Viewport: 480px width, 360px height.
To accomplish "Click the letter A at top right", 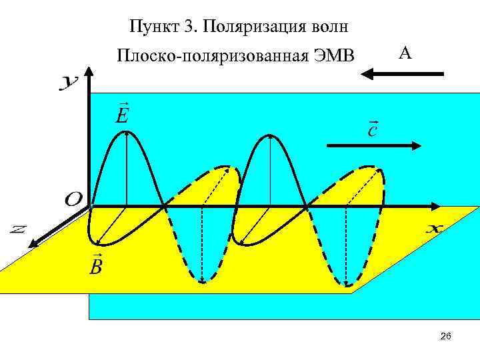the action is pos(405,53).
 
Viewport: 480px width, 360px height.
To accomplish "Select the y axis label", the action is pos(69,83).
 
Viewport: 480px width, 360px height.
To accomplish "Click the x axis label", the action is pos(433,229).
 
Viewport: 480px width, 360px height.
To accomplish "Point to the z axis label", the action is pos(18,229).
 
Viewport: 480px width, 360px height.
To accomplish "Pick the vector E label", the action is pos(122,114).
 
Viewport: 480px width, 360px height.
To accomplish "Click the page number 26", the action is pos(446,337).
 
